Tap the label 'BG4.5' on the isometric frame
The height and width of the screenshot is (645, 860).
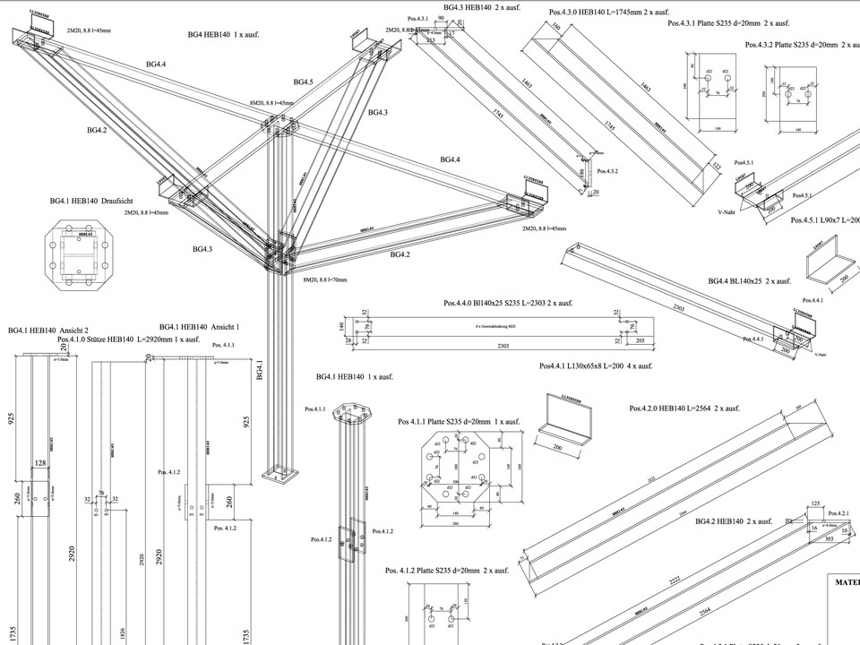[x=304, y=82]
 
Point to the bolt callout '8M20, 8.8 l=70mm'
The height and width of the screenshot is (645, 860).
[x=324, y=279]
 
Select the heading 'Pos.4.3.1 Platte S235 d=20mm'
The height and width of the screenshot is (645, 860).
[x=728, y=23]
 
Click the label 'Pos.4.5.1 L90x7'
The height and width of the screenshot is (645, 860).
[x=824, y=219]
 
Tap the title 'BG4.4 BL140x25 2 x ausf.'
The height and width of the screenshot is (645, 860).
[x=750, y=281]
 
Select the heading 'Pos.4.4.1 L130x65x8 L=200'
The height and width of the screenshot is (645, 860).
[x=596, y=365]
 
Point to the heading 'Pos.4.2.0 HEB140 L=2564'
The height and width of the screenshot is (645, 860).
[x=684, y=408]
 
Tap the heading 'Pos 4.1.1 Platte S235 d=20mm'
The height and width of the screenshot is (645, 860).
[x=459, y=421]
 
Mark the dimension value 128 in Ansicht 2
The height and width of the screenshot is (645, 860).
[x=39, y=463]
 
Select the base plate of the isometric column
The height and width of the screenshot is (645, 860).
[x=280, y=473]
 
